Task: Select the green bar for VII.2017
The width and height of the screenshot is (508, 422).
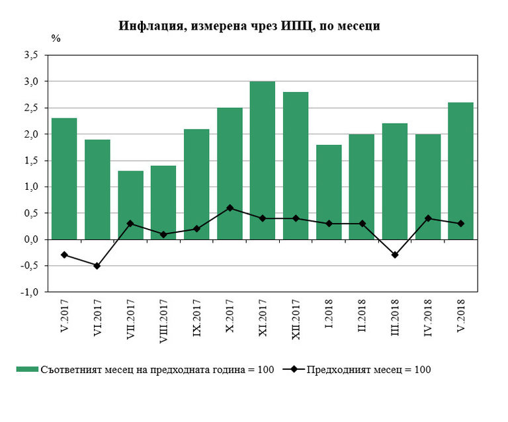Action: click(x=130, y=205)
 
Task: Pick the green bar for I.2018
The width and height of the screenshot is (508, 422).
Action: click(x=329, y=192)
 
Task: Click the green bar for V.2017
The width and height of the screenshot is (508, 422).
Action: click(x=64, y=179)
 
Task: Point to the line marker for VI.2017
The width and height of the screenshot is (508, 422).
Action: click(x=97, y=266)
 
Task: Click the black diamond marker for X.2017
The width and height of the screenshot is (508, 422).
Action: click(x=230, y=208)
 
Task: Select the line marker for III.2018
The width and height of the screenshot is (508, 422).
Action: click(x=395, y=255)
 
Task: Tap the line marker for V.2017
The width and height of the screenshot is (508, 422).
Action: click(x=64, y=255)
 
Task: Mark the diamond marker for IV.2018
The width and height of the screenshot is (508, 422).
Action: click(x=428, y=218)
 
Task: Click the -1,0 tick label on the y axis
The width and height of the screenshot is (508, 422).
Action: click(x=31, y=292)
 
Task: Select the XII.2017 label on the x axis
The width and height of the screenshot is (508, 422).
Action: click(x=296, y=319)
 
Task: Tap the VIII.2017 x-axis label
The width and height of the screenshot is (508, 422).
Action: click(x=163, y=323)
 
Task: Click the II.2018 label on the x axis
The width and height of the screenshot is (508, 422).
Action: click(x=362, y=317)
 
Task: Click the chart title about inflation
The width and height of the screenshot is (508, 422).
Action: click(x=249, y=26)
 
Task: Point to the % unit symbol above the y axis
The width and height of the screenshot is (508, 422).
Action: click(x=56, y=38)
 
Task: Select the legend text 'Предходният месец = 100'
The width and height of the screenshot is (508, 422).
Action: click(x=368, y=370)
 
